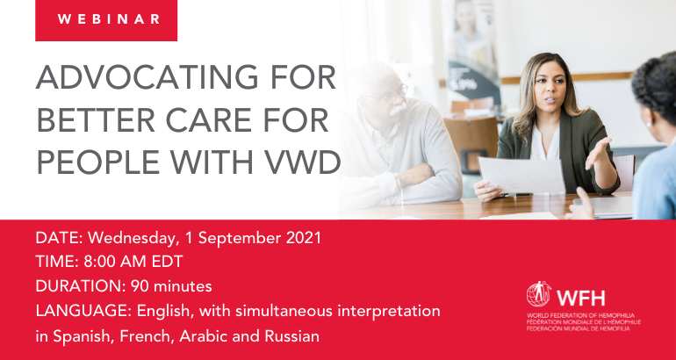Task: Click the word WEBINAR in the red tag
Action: click(105, 20)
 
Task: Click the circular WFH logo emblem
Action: click(539, 296)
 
